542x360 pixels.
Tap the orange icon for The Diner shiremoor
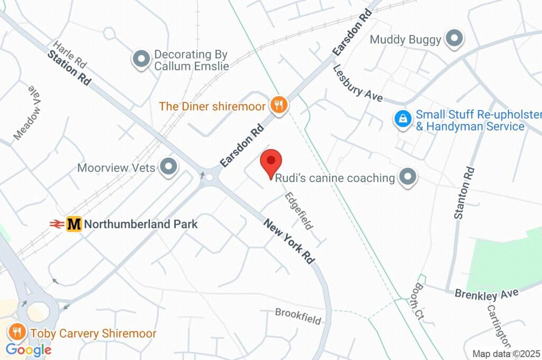(278, 105)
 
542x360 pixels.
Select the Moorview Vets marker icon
(169, 167)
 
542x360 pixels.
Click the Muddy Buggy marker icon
(454, 39)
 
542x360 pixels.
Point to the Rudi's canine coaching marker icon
(408, 178)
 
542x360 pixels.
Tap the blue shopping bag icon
(403, 119)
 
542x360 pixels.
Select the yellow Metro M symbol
(74, 224)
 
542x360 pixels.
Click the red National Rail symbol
(57, 224)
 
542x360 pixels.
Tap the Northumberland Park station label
(141, 224)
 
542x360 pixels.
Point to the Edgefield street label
(298, 210)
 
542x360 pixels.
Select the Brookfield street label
(298, 316)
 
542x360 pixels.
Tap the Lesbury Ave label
(358, 83)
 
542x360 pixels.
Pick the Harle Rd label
(69, 54)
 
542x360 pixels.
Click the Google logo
(29, 350)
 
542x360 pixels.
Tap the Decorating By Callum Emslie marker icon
(141, 60)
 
